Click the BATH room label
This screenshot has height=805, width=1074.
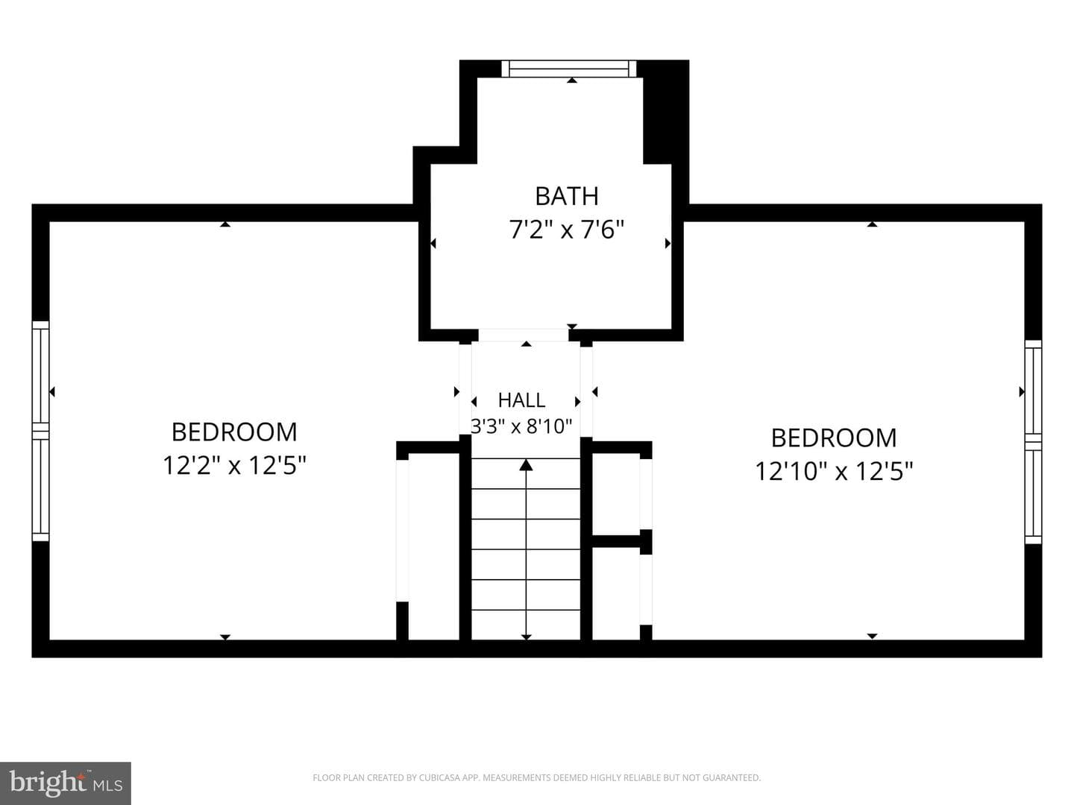pos(567,196)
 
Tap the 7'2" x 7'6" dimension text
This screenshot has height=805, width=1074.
pos(567,230)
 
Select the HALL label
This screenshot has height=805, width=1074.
pos(521,400)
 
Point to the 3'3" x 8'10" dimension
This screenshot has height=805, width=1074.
pos(521,426)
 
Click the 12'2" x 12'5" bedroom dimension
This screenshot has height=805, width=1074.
pos(234,465)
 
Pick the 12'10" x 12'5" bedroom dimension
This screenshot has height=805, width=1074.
pos(834,471)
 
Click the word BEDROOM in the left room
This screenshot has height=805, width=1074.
pos(234,432)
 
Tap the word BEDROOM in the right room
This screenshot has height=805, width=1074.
pos(834,438)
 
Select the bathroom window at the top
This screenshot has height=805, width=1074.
pos(569,69)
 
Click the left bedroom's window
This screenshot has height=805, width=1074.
pos(40,431)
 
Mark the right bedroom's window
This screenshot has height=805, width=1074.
pos(1034,441)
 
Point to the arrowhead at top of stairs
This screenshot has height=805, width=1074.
pos(526,465)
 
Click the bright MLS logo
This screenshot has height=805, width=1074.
pos(66,783)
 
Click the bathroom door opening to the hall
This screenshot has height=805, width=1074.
pos(524,335)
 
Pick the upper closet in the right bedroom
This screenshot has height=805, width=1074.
pos(616,494)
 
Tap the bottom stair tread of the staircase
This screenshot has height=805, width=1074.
pos(526,625)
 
